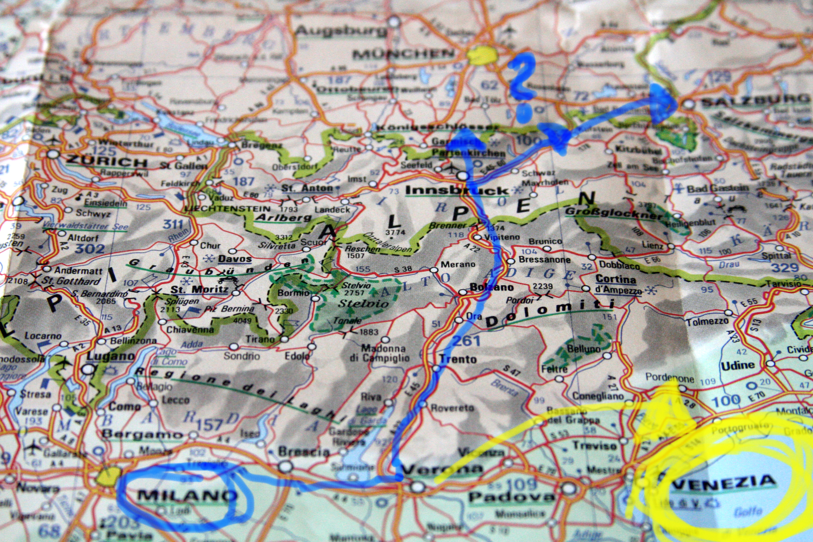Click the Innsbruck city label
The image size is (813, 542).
457,191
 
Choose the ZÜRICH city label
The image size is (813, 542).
106,162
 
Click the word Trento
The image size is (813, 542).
458,359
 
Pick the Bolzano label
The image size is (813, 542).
491,287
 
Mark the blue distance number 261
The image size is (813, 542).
465,341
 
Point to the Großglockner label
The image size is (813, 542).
614,213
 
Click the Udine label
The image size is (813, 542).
738,365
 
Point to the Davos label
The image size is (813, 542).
234,259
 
